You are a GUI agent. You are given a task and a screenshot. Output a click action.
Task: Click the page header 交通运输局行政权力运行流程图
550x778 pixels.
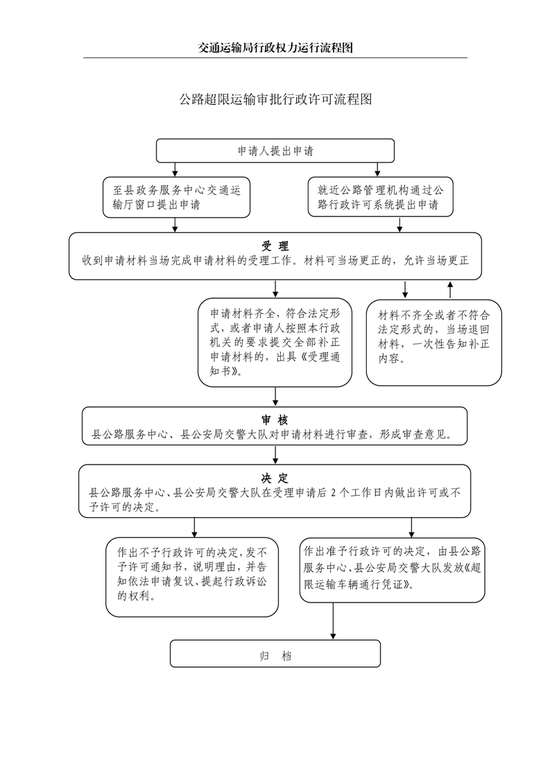[275, 48]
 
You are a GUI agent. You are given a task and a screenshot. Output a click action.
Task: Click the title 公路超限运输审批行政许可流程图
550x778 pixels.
[275, 99]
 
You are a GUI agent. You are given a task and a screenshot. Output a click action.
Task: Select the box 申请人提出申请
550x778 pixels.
[275, 150]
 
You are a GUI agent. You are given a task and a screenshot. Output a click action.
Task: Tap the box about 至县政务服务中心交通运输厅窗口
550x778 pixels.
[176, 196]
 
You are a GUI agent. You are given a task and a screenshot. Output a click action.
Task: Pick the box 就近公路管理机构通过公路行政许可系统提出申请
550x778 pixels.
[380, 196]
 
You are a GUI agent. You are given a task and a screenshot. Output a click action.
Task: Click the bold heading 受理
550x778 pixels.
[275, 246]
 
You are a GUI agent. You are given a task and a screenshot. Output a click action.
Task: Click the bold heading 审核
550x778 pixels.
[275, 420]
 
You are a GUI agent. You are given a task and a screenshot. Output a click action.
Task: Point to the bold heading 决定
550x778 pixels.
[275, 478]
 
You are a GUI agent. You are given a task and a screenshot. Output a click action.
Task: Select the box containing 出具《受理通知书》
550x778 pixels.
[275, 341]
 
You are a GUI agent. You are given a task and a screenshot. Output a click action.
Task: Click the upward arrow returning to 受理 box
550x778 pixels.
[450, 288]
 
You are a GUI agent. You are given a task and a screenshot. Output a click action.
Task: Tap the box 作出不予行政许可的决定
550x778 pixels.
[192, 577]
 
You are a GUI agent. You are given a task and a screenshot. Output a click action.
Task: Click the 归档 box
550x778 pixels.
[275, 653]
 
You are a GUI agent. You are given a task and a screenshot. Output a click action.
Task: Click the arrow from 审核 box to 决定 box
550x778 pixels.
[276, 455]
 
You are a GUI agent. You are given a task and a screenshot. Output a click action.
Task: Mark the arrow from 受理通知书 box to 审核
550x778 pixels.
[276, 397]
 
